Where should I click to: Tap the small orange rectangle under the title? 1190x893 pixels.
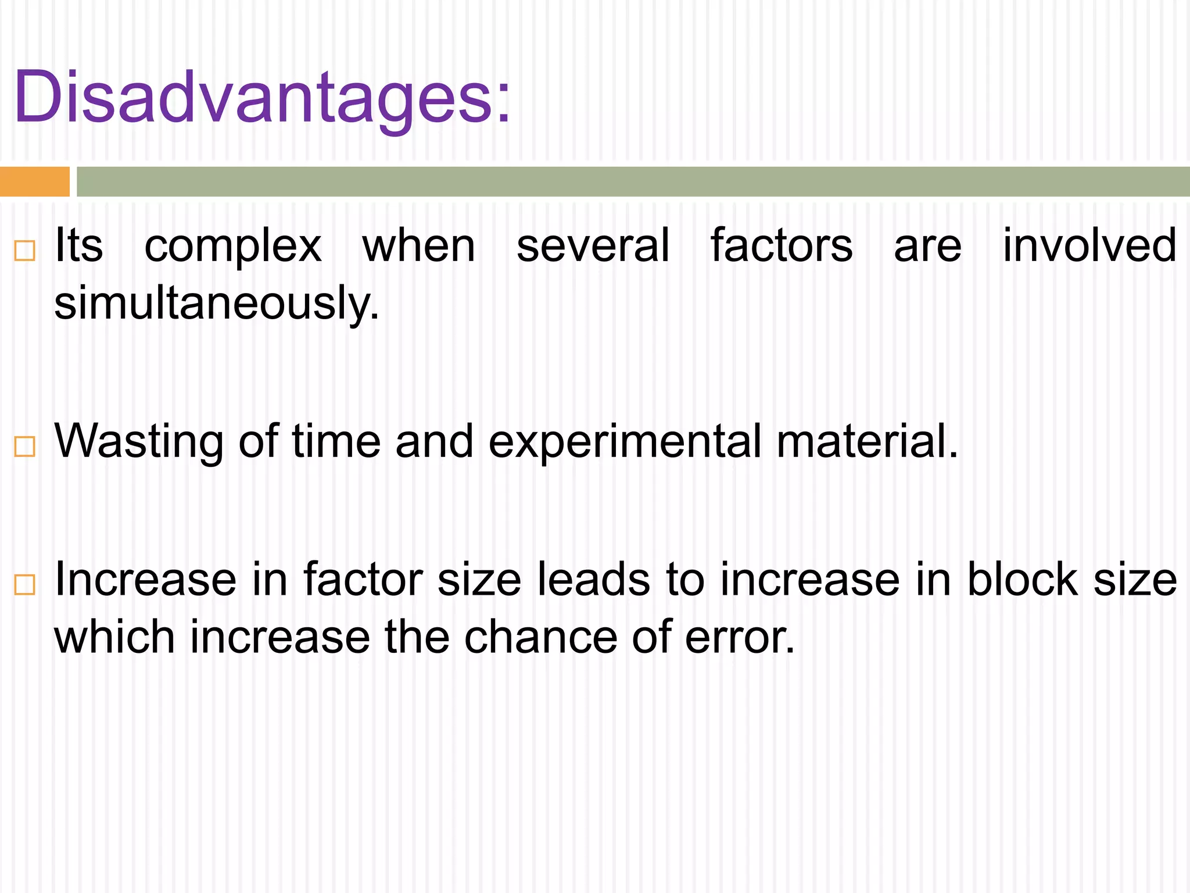coord(34,181)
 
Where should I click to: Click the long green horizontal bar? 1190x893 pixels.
coord(632,181)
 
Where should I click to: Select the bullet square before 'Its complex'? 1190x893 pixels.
coord(25,251)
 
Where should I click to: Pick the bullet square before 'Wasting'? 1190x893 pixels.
coord(25,446)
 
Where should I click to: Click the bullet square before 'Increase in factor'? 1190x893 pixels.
coord(25,584)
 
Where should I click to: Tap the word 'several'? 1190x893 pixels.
coord(593,245)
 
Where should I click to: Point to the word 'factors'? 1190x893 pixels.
coord(782,245)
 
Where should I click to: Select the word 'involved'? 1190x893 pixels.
coord(1089,245)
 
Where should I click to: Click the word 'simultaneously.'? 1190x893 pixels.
coord(216,303)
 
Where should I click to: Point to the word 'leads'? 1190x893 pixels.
coord(593,579)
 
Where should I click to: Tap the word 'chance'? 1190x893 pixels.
coord(540,637)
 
